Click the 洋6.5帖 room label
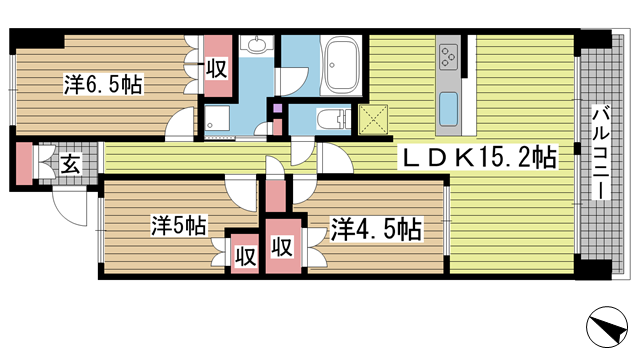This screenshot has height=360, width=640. click(103, 84)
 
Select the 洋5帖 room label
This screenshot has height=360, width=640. click(179, 226)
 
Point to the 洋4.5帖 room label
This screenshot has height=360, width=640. click(376, 229)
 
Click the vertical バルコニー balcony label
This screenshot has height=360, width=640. click(599, 153)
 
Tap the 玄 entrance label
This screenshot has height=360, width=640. click(71, 163)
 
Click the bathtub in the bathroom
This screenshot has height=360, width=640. click(341, 65)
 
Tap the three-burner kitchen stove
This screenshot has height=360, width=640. click(448, 56)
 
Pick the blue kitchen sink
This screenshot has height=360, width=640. click(448, 109)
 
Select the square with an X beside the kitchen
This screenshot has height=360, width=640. click(373, 120)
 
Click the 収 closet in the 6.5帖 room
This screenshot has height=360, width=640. click(218, 66)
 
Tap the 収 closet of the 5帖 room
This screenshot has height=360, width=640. click(245, 254)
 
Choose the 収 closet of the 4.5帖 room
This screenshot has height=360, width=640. click(283, 246)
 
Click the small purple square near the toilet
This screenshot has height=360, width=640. click(278, 109)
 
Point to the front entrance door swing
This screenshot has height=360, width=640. click(70, 208)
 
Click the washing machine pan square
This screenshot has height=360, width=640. click(217, 118)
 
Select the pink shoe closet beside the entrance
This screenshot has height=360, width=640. click(24, 163)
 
